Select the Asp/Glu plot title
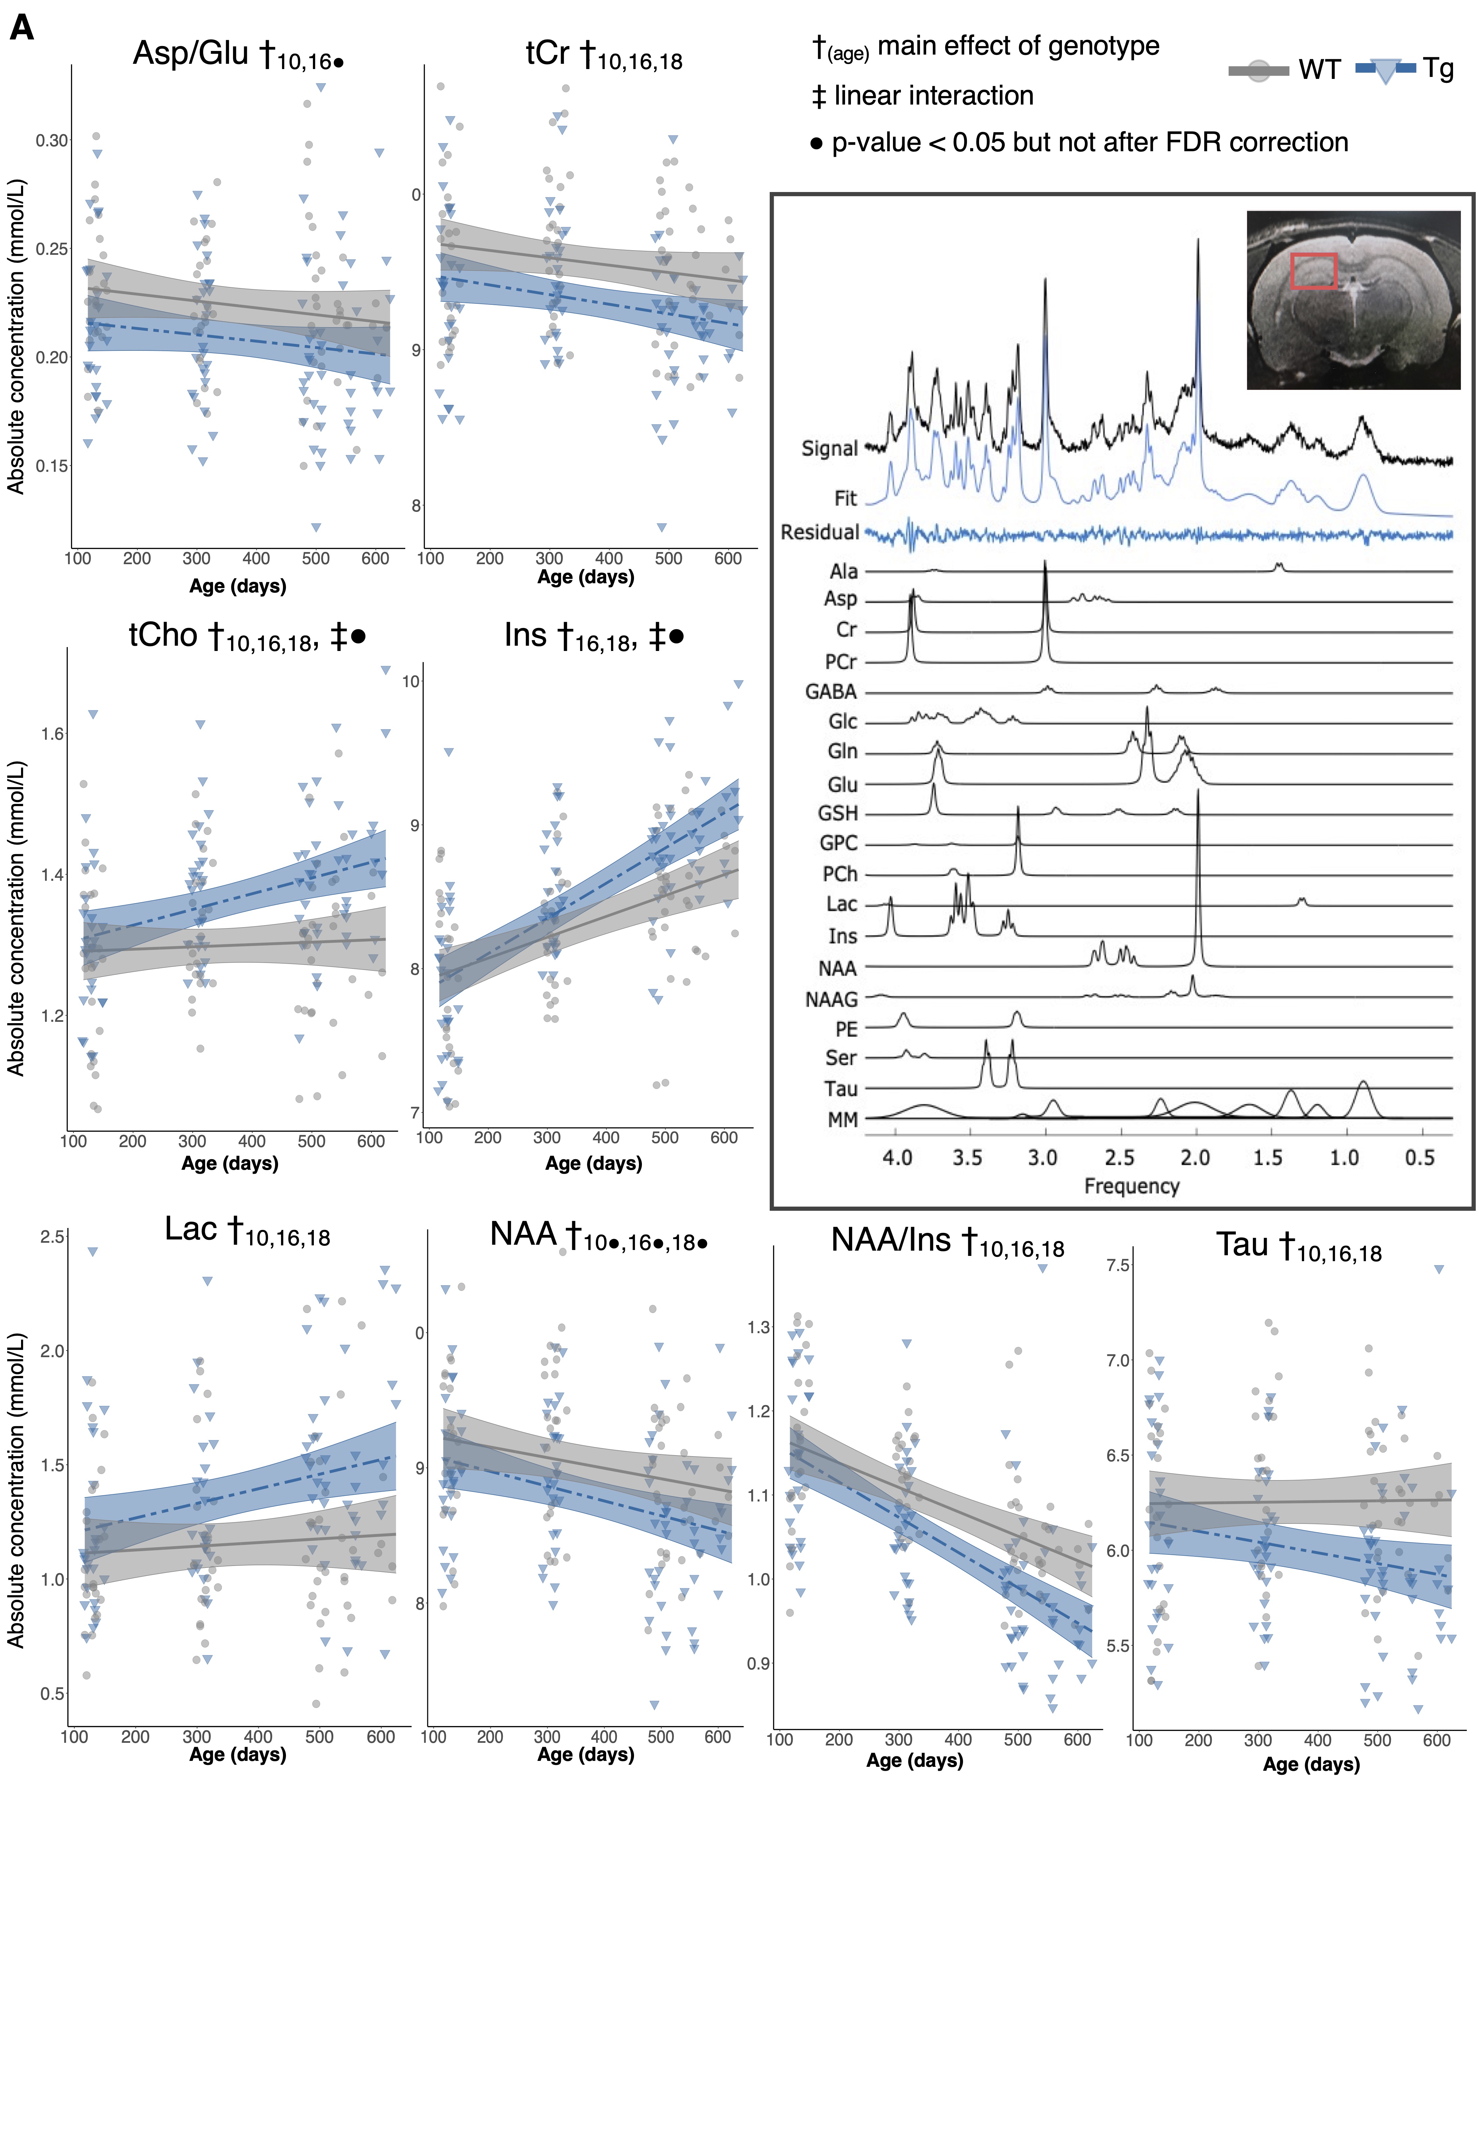pyautogui.click(x=238, y=54)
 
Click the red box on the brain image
pyautogui.click(x=1313, y=271)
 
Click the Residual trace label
pyautogui.click(x=819, y=532)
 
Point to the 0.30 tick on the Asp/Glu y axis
pyautogui.click(x=52, y=141)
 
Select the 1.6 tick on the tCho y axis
pyautogui.click(x=53, y=734)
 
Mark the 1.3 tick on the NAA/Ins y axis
pyautogui.click(x=759, y=1327)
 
